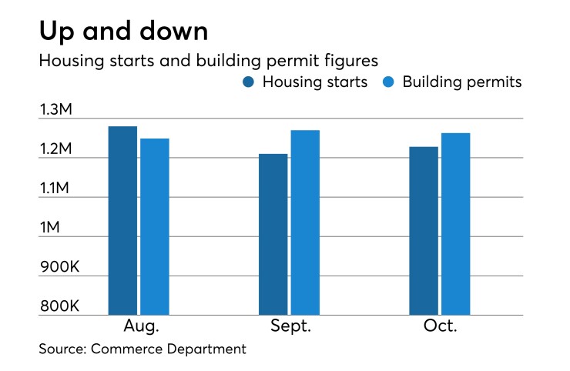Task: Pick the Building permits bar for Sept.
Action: [305, 222]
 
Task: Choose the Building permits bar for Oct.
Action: [455, 224]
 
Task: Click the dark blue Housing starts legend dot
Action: [249, 82]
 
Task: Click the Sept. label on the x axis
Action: [290, 326]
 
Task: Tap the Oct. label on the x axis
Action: [440, 326]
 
